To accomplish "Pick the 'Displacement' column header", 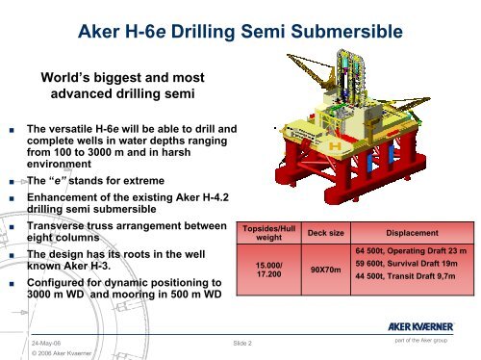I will point(412,232).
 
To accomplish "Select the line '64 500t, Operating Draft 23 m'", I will point(413,252).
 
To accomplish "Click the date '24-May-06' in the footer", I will point(46,341).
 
